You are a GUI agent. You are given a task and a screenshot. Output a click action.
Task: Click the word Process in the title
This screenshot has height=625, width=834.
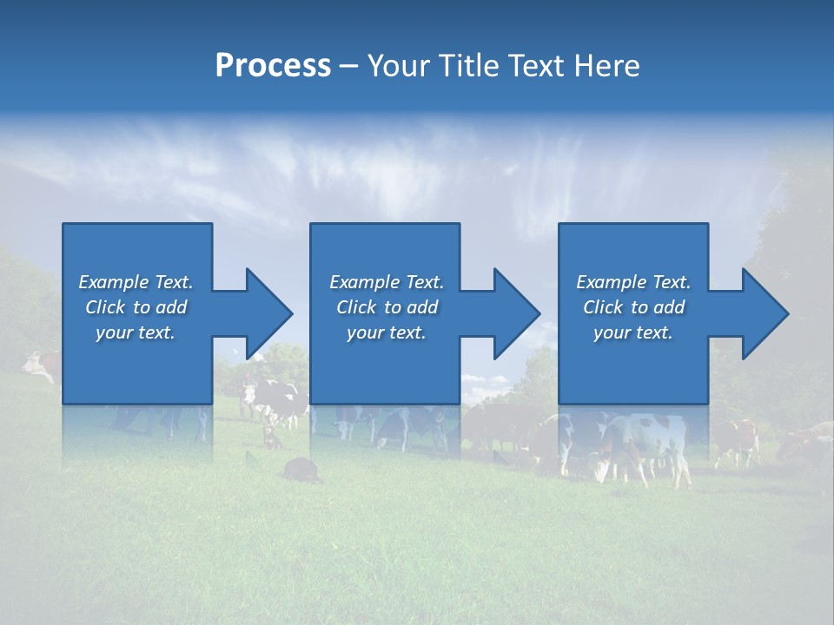[x=273, y=66]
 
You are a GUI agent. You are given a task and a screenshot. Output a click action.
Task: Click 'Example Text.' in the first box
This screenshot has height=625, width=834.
[x=136, y=282]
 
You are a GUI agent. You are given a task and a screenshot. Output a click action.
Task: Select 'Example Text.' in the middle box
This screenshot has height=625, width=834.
[x=387, y=282]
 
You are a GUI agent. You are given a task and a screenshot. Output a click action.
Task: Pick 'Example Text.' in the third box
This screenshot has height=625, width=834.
[x=633, y=282]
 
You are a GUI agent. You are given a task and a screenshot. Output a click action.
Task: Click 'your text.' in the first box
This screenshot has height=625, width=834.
[x=136, y=332]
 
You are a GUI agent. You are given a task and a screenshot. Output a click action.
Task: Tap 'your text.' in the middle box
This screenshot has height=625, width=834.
[x=387, y=332]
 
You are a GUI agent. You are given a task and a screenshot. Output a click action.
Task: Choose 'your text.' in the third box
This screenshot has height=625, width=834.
[x=633, y=332]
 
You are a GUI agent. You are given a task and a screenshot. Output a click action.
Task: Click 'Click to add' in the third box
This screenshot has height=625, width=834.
[x=633, y=307]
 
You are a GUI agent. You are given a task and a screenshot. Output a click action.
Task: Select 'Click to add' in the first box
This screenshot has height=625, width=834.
[x=136, y=307]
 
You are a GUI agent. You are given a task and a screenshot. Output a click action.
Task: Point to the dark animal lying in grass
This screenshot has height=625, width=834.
[x=300, y=470]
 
